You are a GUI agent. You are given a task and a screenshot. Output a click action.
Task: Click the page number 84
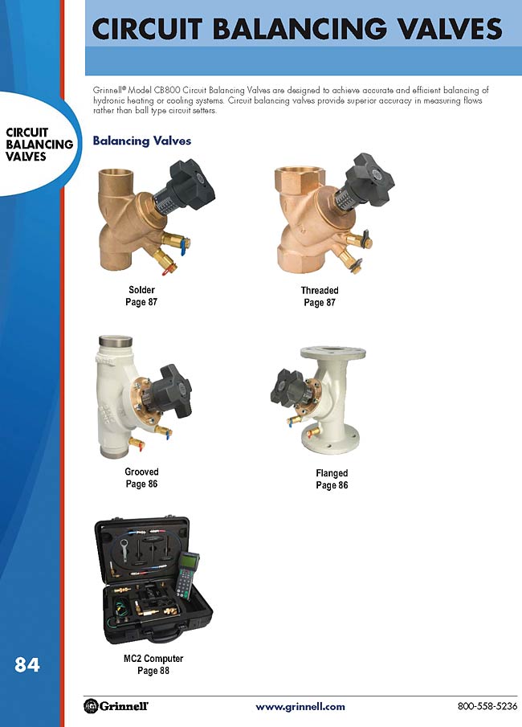27,664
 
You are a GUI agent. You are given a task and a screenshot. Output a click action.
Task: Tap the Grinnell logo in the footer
116,705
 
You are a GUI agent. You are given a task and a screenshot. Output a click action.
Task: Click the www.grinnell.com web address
300,707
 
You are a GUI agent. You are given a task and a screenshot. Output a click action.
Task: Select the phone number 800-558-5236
487,705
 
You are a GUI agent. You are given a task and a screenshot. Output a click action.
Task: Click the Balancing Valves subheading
142,141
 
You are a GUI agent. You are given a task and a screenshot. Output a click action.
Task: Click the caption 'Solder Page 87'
141,296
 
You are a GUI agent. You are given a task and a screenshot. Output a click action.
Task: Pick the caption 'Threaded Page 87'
320,296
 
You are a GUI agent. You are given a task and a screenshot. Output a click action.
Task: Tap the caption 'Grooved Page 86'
141,477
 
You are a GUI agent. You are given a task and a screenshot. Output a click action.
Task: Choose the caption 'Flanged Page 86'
332,479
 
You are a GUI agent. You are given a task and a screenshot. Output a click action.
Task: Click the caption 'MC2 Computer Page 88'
153,664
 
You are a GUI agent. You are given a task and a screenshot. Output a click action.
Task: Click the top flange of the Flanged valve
332,352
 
